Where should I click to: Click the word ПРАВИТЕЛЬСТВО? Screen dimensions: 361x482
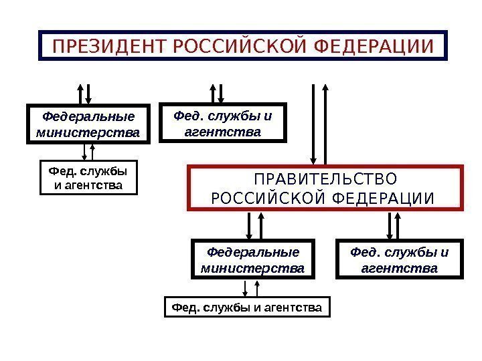325,180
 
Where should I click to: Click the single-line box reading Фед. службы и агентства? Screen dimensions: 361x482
247,308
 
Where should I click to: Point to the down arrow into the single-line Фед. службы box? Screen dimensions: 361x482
246,289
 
